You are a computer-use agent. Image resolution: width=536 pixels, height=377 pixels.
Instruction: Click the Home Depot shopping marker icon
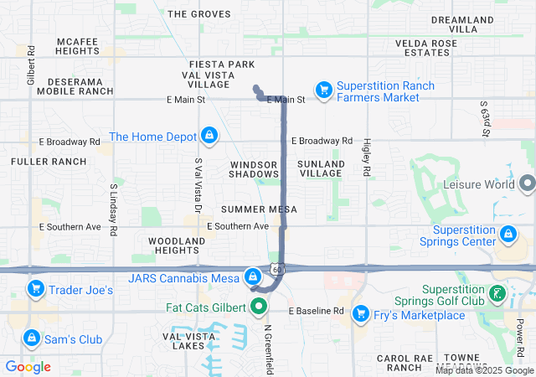click(209, 136)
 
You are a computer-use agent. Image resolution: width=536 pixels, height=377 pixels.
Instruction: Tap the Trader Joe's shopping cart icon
click(35, 290)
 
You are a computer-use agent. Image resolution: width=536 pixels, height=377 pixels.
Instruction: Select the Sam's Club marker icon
click(31, 338)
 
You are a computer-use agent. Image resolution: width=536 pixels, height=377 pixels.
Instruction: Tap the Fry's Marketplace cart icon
click(361, 314)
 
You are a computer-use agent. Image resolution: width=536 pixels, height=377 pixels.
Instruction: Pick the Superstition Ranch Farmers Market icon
click(323, 90)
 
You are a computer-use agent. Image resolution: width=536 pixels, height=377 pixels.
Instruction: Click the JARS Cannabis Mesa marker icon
click(252, 276)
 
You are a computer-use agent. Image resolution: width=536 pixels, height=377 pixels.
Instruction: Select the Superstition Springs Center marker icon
click(508, 234)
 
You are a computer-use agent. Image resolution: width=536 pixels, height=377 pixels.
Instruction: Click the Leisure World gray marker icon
click(527, 183)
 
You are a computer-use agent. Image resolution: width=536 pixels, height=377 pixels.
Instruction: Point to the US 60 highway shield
click(278, 270)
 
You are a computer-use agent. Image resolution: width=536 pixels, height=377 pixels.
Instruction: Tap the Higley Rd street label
click(367, 157)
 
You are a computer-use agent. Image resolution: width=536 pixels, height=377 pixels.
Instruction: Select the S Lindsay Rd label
click(113, 211)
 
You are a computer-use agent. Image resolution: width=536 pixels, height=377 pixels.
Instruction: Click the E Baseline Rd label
click(317, 311)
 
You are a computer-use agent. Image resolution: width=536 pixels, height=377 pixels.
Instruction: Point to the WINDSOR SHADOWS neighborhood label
click(254, 168)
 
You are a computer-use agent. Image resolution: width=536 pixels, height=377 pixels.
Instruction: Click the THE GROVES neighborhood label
click(198, 14)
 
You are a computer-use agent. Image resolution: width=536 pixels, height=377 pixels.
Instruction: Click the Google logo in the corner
click(28, 367)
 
